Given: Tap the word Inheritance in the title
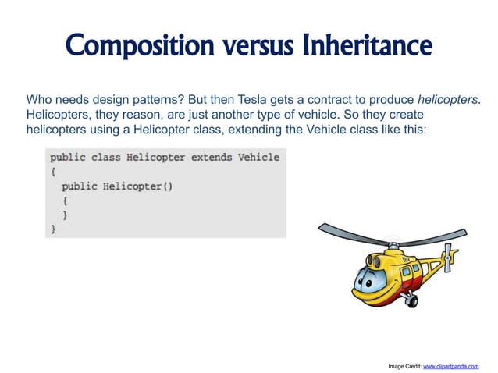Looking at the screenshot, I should point(364,44).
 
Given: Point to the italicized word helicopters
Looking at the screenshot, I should point(447,100).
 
